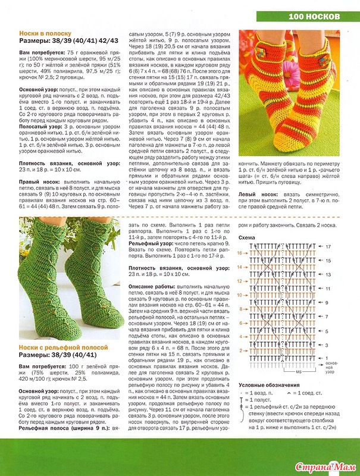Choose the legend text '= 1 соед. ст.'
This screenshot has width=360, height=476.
pyautogui.click(x=313, y=393)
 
